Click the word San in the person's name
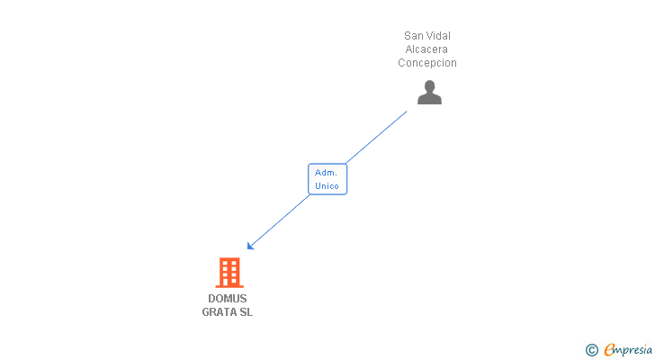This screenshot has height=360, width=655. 414,36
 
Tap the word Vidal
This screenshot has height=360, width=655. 438,36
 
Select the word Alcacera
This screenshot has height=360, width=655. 426,49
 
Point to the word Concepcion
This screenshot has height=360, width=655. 427,63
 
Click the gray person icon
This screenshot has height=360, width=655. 429,92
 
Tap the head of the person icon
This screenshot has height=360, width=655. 429,85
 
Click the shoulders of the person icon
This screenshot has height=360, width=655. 429,99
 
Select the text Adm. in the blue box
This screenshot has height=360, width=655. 327,172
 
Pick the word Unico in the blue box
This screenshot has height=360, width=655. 327,186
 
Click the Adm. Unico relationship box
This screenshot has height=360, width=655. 327,179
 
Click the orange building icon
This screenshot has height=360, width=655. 229,272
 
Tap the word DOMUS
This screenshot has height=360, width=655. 228,299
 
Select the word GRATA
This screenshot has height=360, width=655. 219,312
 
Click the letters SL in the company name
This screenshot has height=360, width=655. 246,312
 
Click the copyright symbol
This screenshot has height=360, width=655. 591,349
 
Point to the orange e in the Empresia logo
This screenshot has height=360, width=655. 609,349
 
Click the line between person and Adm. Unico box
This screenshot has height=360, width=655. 378,136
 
